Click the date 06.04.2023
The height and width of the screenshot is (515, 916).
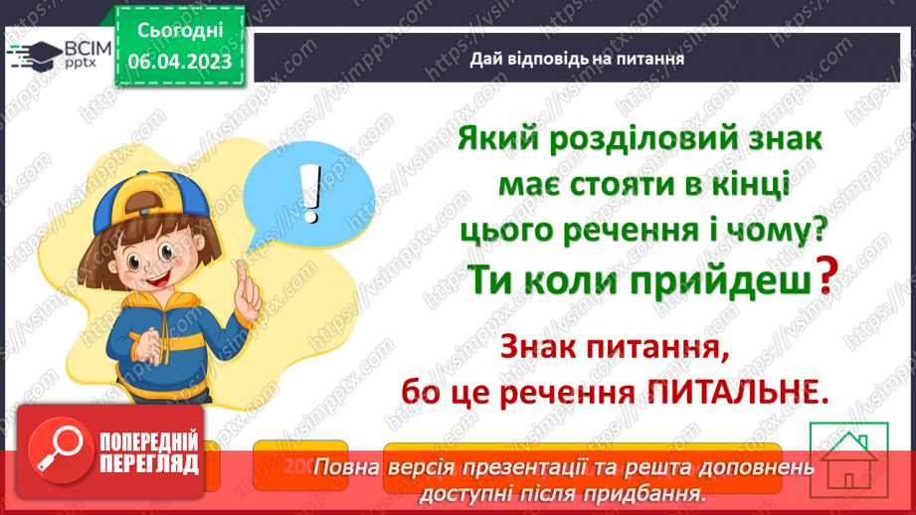click(x=180, y=62)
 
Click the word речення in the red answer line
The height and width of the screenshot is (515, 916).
click(x=557, y=390)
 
